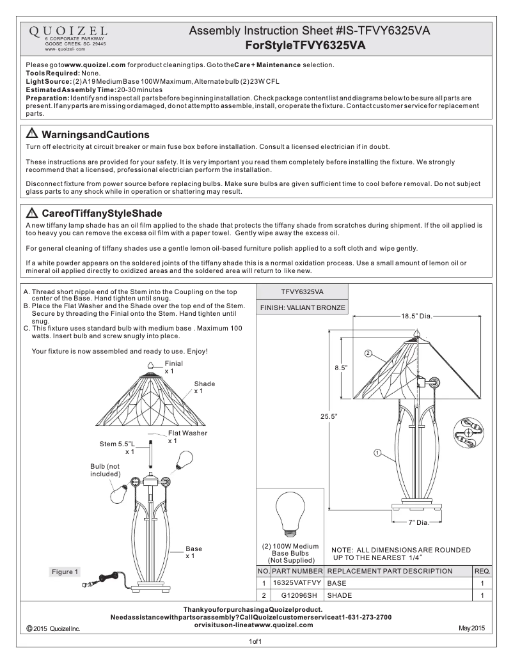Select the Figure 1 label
(65, 571)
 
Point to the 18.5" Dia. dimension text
(417, 316)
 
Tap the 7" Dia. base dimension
(420, 522)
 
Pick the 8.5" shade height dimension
(340, 368)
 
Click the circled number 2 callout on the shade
(368, 354)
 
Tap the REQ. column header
(482, 571)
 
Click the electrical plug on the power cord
(89, 582)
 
